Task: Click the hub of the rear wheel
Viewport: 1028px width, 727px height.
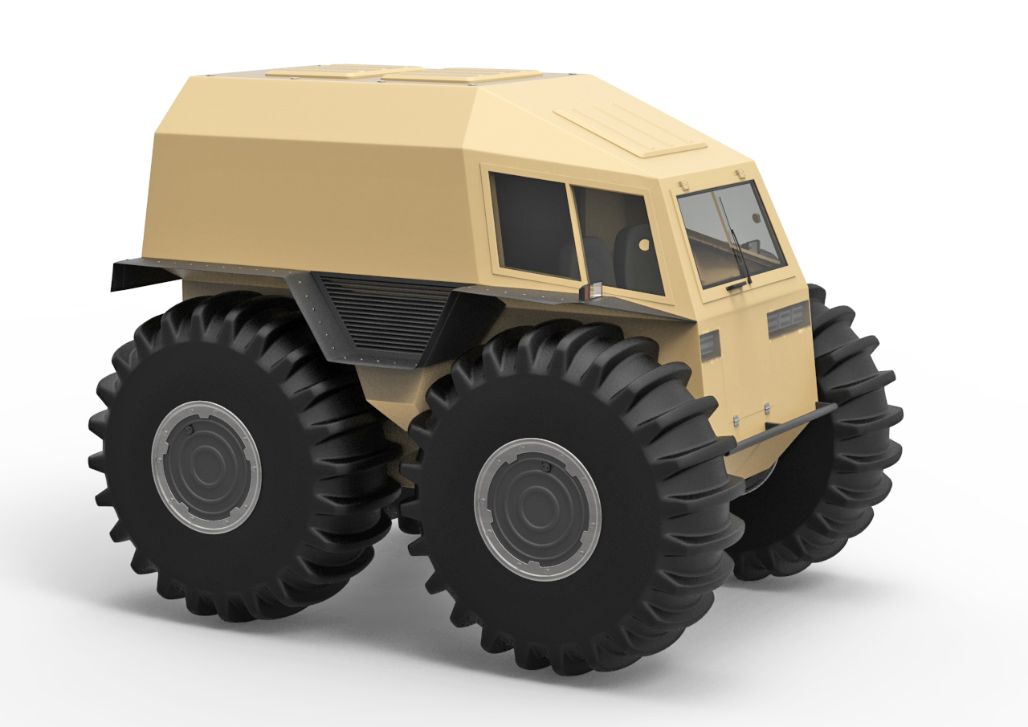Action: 206,467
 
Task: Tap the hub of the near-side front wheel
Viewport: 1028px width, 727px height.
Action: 537,508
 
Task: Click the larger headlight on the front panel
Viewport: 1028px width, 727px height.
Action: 788,321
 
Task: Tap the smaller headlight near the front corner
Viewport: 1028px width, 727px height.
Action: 710,345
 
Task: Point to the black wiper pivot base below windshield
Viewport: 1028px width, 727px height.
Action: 736,286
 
